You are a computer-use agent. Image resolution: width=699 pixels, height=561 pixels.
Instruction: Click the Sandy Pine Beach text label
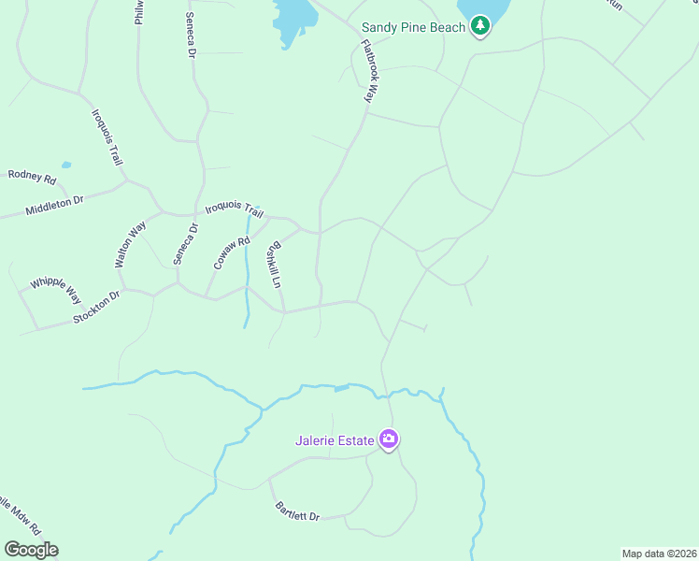(x=413, y=27)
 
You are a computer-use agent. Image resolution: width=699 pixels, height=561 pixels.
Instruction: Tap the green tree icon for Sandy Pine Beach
(x=480, y=25)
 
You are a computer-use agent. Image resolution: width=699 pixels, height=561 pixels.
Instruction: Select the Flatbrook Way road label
(x=371, y=71)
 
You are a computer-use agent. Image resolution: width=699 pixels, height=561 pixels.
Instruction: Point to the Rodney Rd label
(x=32, y=176)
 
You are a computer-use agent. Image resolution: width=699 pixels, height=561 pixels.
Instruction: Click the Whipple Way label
(x=56, y=289)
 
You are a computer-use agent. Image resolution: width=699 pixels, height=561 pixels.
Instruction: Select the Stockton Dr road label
(x=97, y=309)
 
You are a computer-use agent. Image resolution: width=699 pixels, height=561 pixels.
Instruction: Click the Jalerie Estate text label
(x=335, y=439)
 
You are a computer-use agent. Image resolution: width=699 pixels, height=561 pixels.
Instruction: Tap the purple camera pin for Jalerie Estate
(x=389, y=439)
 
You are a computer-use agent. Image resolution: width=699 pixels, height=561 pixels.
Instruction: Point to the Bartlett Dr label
(x=297, y=511)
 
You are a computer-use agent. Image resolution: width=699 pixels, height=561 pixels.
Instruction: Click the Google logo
(x=31, y=550)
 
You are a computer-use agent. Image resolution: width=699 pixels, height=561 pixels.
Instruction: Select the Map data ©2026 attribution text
(x=659, y=554)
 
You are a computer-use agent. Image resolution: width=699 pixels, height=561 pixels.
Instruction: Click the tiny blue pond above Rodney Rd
(x=66, y=165)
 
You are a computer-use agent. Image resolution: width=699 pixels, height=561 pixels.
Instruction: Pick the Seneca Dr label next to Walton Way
(x=181, y=242)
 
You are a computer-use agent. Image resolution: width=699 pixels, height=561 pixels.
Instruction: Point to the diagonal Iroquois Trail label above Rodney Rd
(x=107, y=137)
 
